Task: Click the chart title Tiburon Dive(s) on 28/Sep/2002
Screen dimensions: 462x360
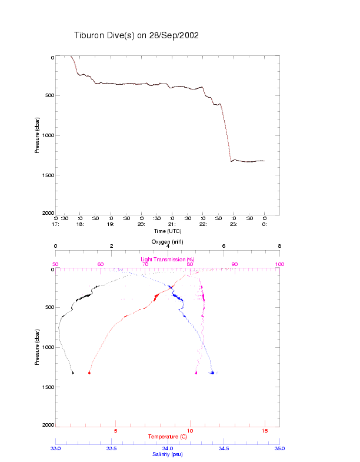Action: click(136, 35)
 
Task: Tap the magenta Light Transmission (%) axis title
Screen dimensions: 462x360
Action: click(168, 260)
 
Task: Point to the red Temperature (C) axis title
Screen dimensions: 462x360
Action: click(168, 437)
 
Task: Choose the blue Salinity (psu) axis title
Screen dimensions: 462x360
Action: click(168, 454)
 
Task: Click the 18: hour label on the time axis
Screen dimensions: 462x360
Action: click(80, 224)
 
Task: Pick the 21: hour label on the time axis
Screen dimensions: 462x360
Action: click(172, 224)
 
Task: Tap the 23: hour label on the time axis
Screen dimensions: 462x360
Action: click(234, 224)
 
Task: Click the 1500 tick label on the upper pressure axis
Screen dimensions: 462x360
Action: click(47, 175)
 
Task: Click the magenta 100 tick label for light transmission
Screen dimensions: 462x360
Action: click(279, 264)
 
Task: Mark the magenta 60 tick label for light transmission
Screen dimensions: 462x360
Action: click(101, 264)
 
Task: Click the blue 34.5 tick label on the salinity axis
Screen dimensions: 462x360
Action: click(224, 448)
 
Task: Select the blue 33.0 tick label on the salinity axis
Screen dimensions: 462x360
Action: click(56, 448)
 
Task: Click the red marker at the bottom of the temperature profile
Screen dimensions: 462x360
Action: click(89, 373)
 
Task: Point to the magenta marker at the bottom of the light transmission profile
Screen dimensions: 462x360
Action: click(196, 373)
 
